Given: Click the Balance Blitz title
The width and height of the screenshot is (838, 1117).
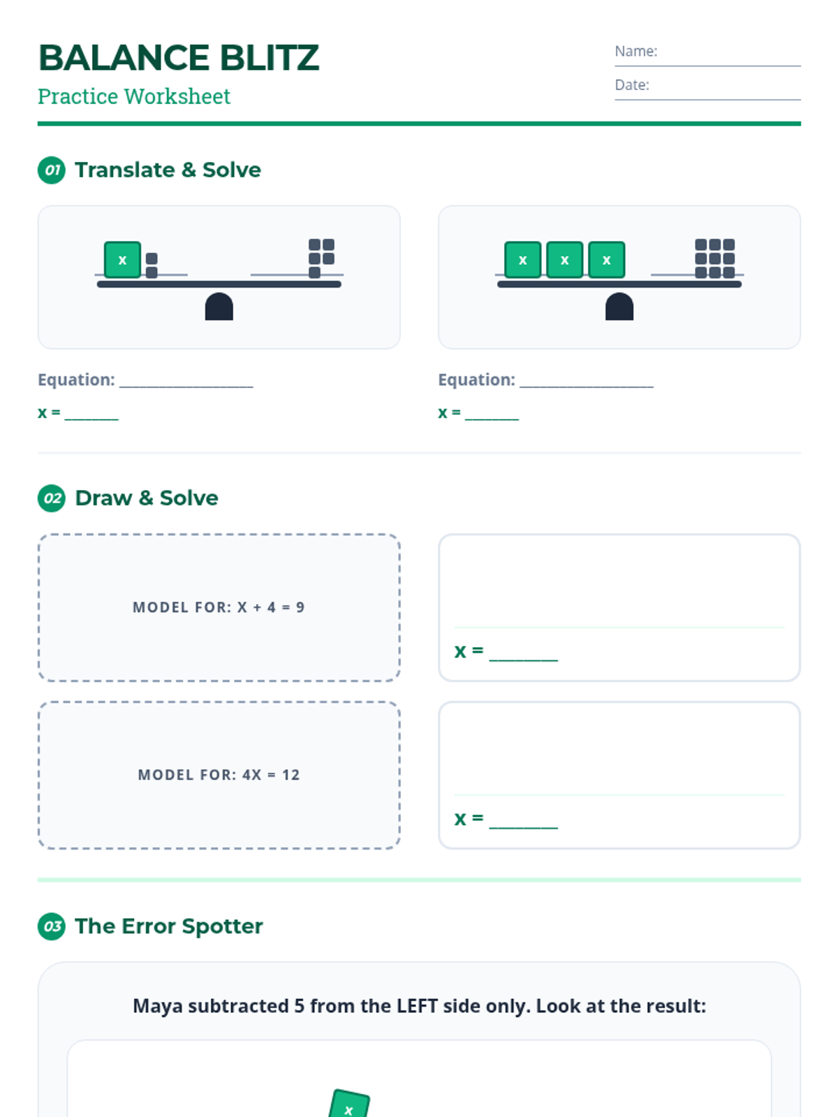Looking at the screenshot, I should (179, 58).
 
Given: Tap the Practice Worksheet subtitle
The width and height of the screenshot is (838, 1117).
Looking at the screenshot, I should (134, 96).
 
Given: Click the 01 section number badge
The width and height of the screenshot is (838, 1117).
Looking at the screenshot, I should (52, 170).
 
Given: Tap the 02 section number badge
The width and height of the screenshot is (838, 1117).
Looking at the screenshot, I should (52, 498).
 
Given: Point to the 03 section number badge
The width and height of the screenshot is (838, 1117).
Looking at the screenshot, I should (52, 926).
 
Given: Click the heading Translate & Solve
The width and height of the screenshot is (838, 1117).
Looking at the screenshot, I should (168, 170).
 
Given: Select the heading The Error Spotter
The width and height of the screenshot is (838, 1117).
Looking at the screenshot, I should (169, 926).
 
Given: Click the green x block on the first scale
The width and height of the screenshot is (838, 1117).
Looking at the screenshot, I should (122, 260).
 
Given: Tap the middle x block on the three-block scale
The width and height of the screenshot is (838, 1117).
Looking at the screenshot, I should (564, 260).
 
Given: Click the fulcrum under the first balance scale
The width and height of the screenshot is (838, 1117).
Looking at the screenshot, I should (219, 307).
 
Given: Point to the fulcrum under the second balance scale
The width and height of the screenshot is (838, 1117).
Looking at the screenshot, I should (619, 307).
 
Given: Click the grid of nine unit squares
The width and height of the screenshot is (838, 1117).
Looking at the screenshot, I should (714, 258).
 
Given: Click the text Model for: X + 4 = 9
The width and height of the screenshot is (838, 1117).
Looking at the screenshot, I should (219, 607).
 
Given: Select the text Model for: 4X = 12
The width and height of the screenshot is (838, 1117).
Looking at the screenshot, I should (219, 775).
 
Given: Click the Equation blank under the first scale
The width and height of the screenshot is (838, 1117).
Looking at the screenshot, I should (186, 380).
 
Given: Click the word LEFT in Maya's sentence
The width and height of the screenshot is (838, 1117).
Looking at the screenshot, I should (418, 1006).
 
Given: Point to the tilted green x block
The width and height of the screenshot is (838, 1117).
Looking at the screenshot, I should (348, 1105).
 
